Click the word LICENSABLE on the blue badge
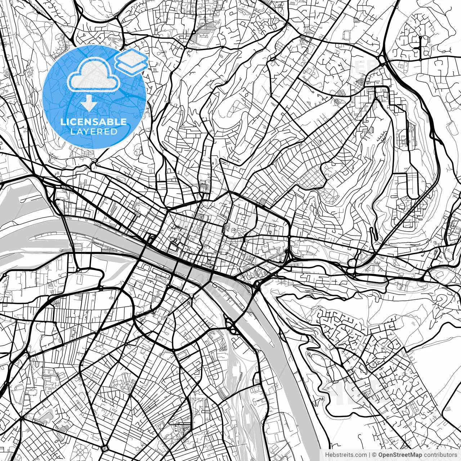(94, 122)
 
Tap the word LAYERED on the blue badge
(94, 131)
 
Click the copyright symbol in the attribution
(374, 455)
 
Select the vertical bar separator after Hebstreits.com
(370, 455)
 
